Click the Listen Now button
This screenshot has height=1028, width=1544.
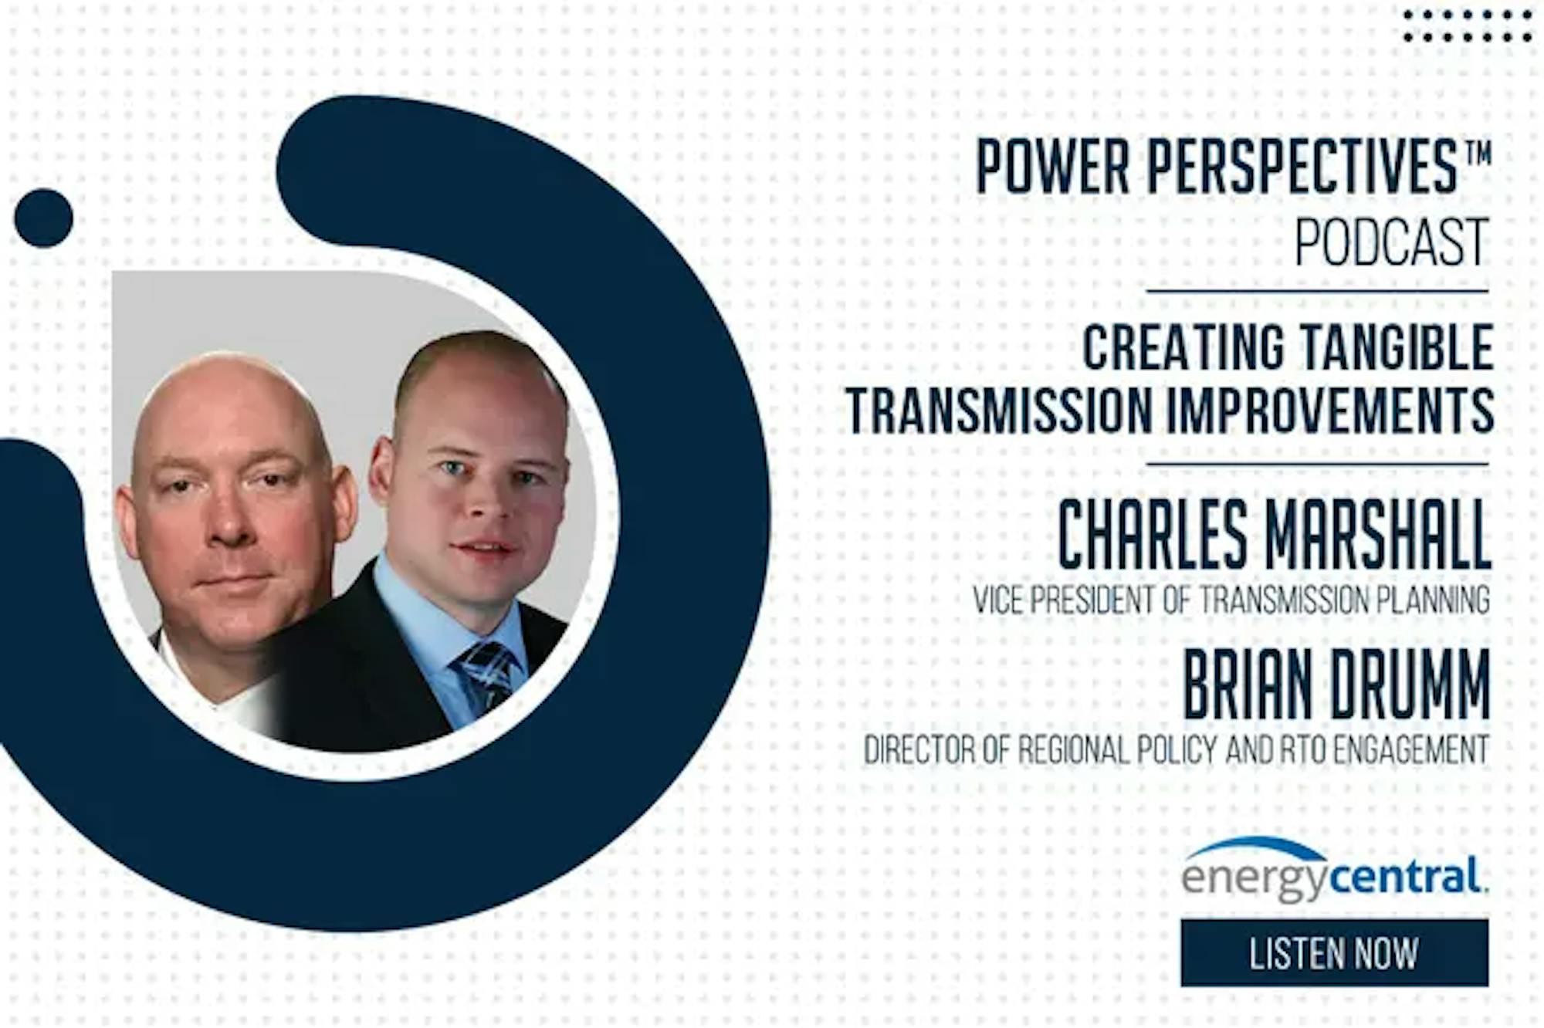point(1334,953)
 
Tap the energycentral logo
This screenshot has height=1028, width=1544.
point(1335,870)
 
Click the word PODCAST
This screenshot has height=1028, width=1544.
point(1392,242)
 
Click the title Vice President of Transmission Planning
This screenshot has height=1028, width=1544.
point(1231,600)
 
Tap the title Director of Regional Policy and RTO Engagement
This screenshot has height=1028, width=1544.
point(1177,749)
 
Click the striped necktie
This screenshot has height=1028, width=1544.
point(486,675)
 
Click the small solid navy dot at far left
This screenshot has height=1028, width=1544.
point(44,218)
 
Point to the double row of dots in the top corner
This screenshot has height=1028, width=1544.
point(1468,25)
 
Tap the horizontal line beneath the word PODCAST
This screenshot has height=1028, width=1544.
point(1318,292)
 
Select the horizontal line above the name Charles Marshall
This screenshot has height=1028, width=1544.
point(1318,465)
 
